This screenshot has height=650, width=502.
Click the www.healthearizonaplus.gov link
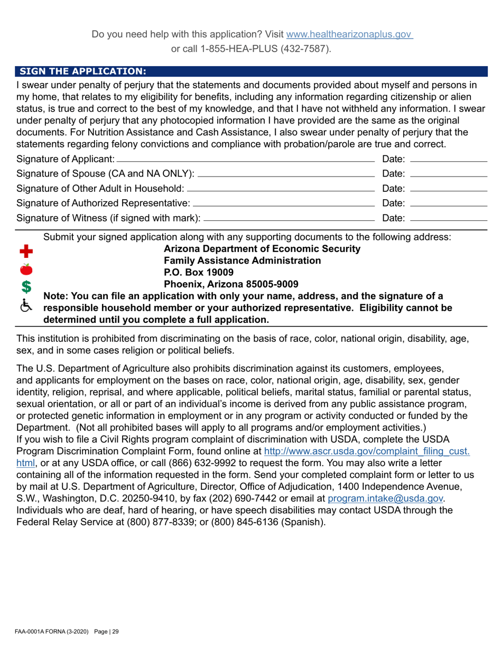[x=349, y=34]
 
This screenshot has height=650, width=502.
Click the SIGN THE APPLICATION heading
[x=83, y=71]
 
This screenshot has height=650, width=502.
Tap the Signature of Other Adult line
[x=281, y=188]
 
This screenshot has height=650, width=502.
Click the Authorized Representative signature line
[x=284, y=203]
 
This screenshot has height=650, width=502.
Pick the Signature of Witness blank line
[x=289, y=218]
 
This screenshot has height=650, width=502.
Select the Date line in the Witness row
[x=448, y=218]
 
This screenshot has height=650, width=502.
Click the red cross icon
[x=26, y=252]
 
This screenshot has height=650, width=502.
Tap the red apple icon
[x=26, y=269]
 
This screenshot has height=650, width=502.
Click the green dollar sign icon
[x=26, y=287]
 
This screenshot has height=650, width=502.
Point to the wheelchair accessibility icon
[x=26, y=305]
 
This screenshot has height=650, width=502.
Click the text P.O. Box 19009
[x=199, y=273]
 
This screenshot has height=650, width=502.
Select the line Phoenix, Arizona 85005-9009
[x=231, y=285]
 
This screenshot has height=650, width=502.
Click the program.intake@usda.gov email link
[x=385, y=498]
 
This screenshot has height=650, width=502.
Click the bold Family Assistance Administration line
[x=242, y=261]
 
